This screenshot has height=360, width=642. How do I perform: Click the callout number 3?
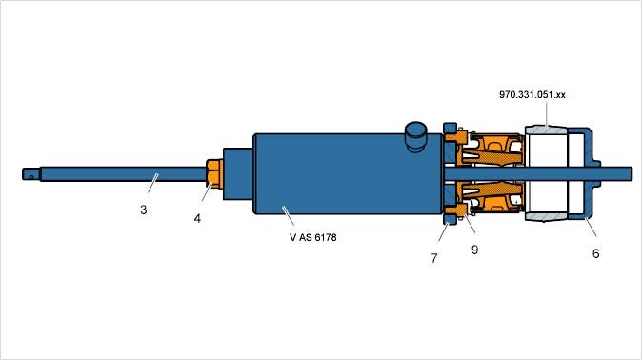[x=143, y=210]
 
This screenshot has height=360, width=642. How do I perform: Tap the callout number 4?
[x=197, y=219]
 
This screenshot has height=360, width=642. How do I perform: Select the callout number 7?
[x=434, y=258]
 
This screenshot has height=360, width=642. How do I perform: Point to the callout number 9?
[x=474, y=250]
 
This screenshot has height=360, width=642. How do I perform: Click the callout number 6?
[x=595, y=253]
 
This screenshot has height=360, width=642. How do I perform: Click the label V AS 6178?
[x=312, y=237]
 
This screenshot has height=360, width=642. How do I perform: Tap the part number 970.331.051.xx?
[x=532, y=95]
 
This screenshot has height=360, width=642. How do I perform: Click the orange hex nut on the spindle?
[x=214, y=174]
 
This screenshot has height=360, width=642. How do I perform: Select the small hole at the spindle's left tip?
[x=30, y=177]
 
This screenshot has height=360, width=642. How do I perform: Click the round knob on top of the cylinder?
[x=415, y=136]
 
